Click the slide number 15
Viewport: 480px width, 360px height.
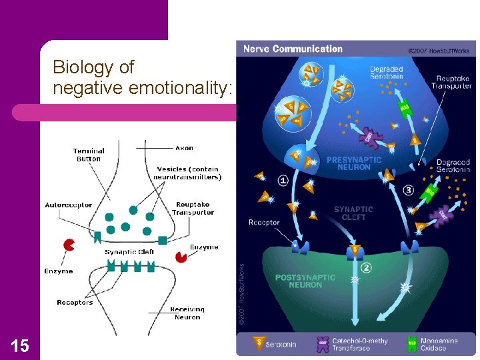(19, 345)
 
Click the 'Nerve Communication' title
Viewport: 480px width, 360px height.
(293, 49)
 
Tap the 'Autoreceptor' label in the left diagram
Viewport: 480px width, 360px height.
(69, 205)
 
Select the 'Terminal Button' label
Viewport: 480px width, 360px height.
(89, 155)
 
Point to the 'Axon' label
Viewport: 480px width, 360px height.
(184, 148)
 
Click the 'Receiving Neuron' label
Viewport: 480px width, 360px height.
(187, 313)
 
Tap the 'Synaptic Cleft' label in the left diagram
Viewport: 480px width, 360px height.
(129, 251)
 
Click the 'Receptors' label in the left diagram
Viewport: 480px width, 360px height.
(75, 303)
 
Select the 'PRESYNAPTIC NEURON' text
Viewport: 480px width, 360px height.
(354, 163)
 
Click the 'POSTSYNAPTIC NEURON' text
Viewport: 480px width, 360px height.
(299, 281)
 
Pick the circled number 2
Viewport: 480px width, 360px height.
(366, 268)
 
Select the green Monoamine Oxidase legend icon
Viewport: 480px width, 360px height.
(413, 344)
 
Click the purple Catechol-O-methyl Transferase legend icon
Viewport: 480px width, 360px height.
(323, 344)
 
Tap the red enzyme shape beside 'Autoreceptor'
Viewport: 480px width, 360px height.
(68, 245)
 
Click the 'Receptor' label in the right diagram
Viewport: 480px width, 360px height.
(264, 222)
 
